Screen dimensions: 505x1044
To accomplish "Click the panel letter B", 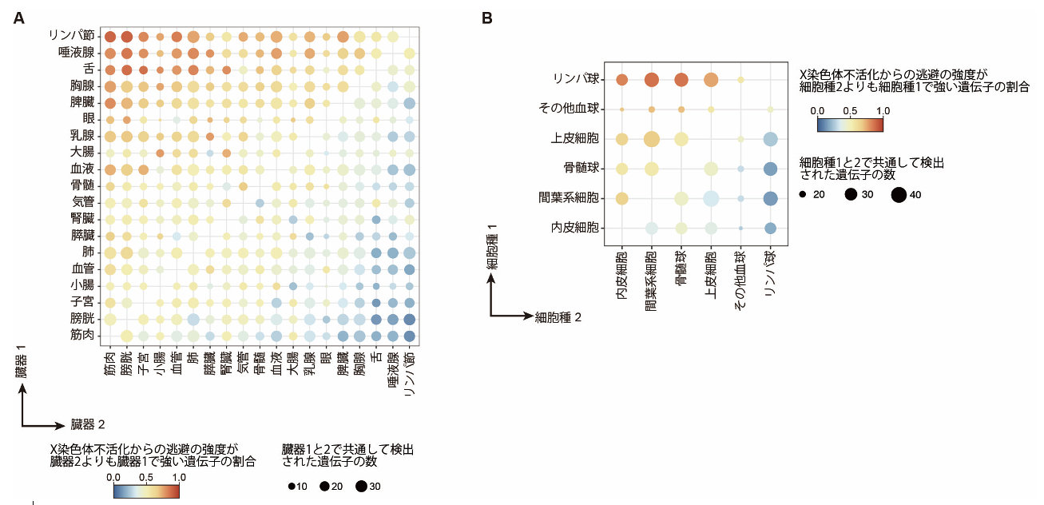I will [487, 18].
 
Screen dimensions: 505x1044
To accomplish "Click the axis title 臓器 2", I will [88, 423].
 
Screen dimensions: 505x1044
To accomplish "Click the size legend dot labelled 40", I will [898, 193].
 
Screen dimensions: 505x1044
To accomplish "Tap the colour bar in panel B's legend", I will [849, 125].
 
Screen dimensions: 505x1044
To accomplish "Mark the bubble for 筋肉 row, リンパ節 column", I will [409, 335].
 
